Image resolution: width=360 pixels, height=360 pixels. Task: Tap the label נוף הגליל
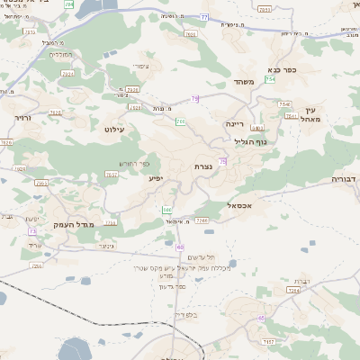(x=238, y=141)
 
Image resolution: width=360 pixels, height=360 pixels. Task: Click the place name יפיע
(x=156, y=179)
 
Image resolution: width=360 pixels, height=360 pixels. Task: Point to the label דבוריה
(x=344, y=179)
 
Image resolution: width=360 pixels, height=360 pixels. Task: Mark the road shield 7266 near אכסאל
(x=202, y=220)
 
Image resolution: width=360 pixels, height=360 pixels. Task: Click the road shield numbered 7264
(x=292, y=291)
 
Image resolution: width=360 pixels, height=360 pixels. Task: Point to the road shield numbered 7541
(x=290, y=115)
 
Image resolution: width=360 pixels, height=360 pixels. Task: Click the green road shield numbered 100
(x=166, y=210)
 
